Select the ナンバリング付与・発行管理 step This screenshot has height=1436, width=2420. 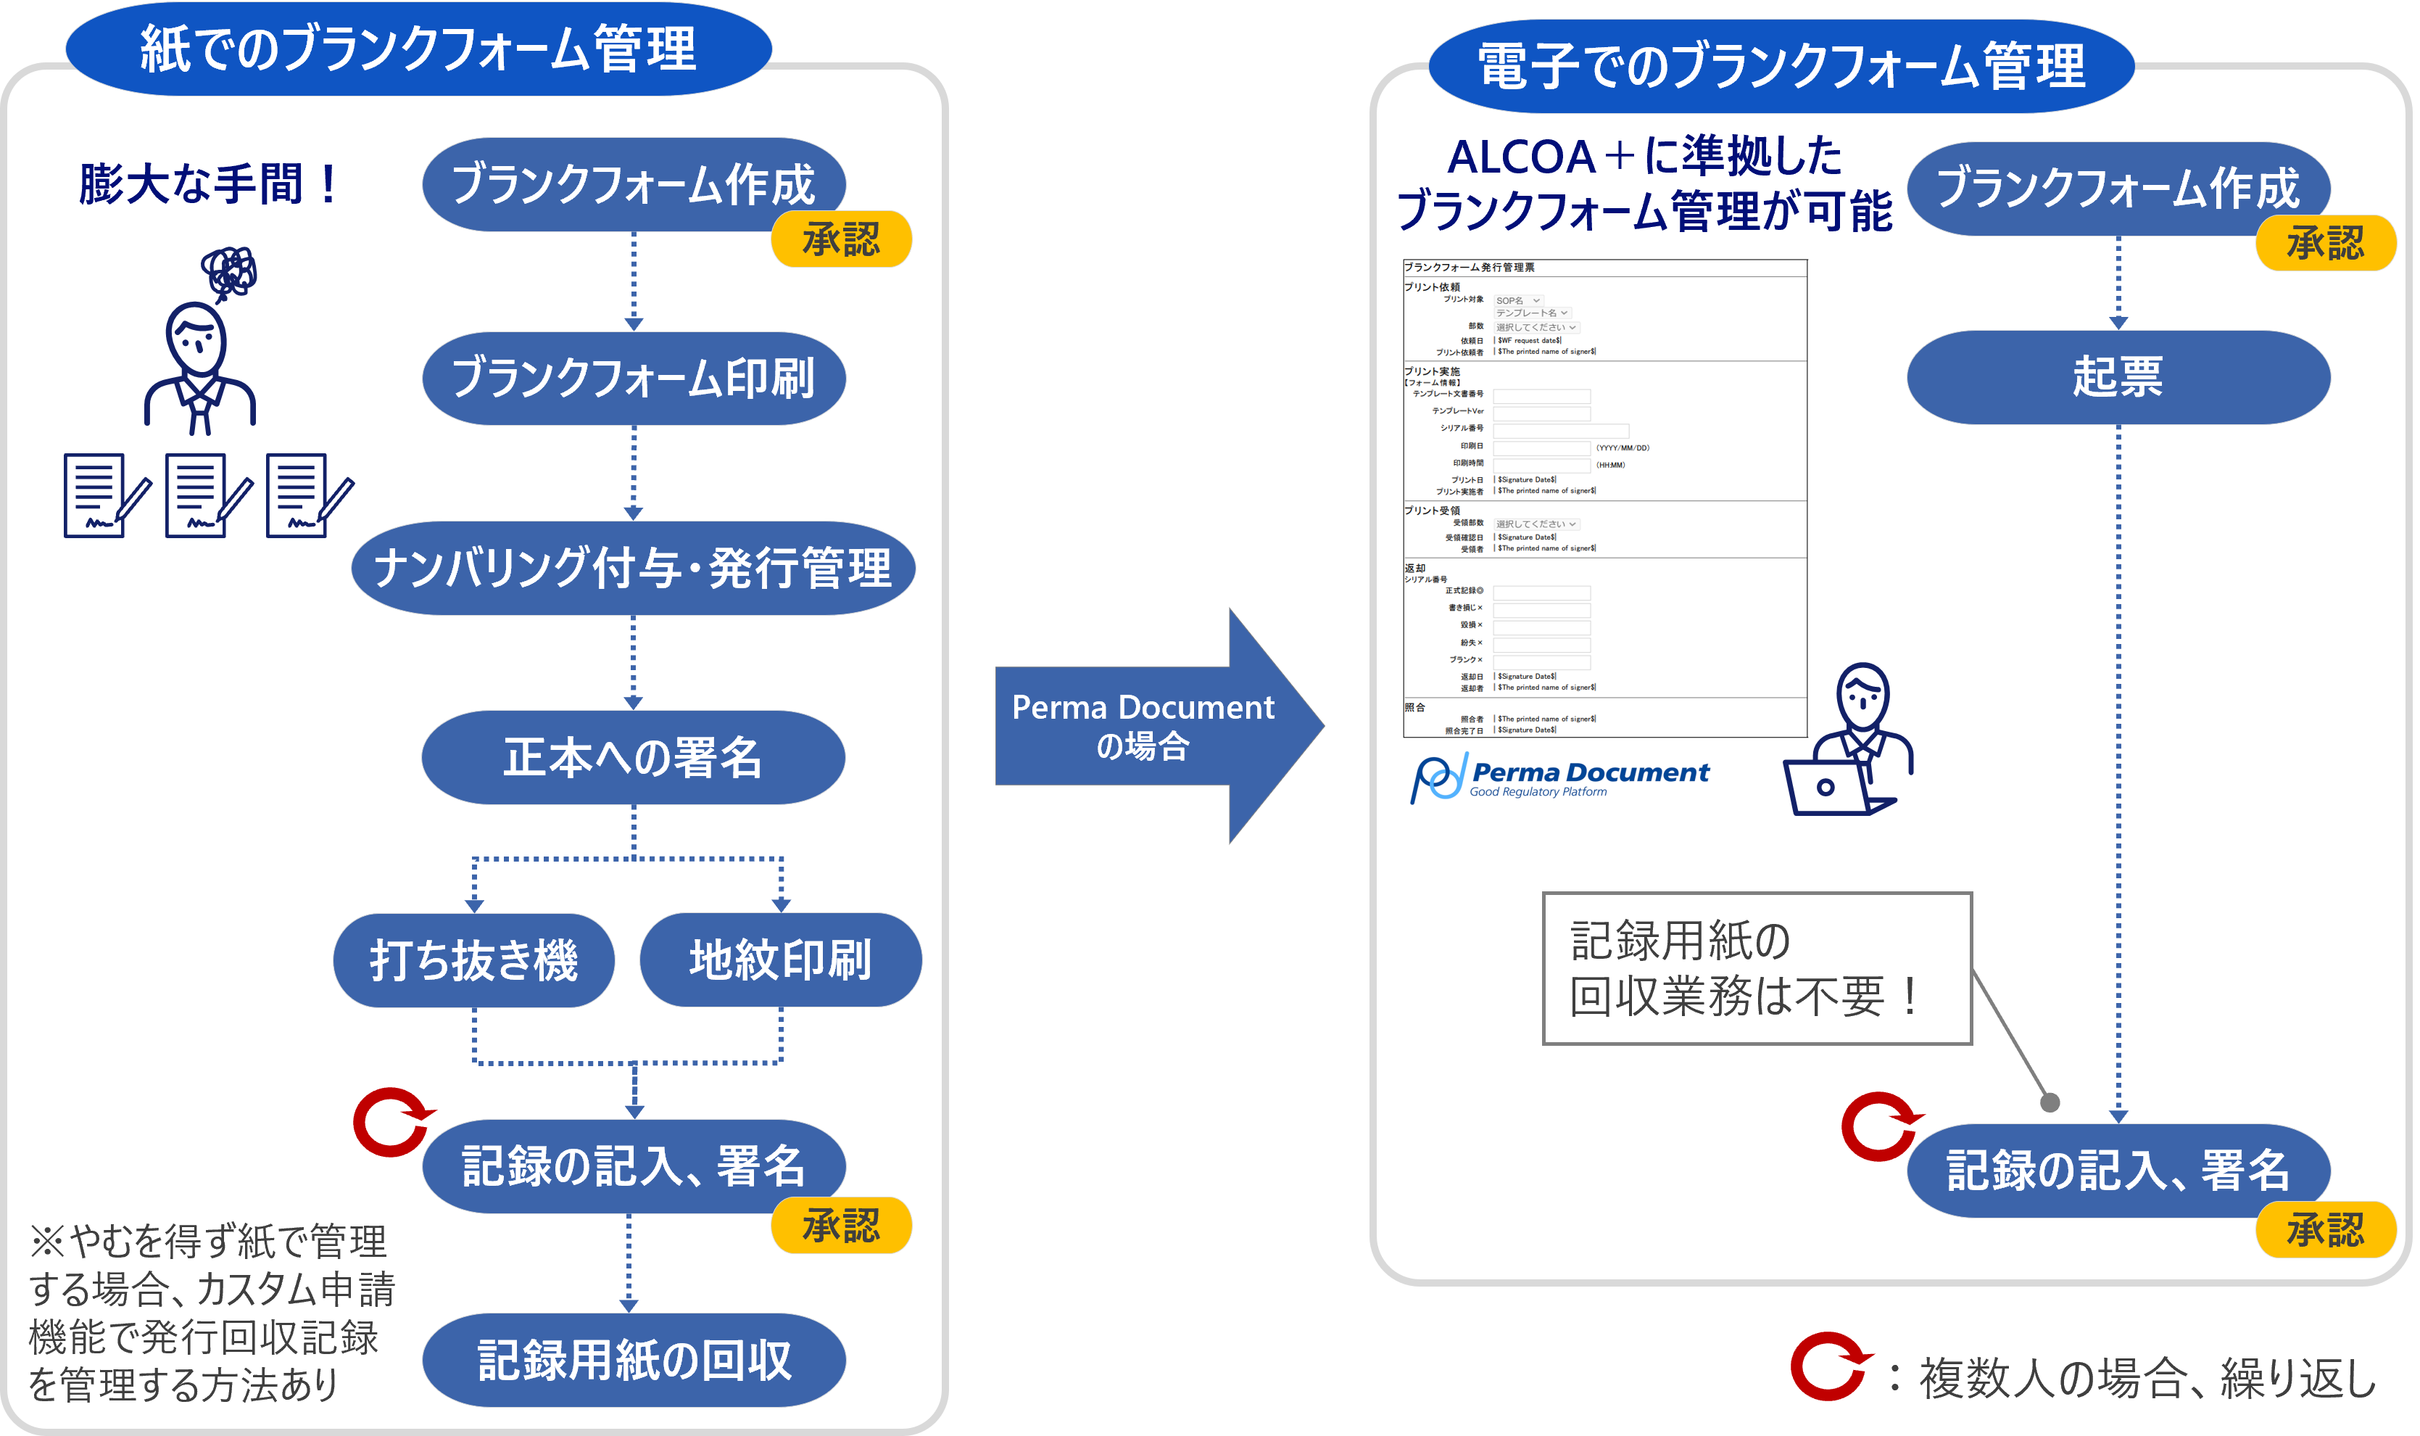click(633, 568)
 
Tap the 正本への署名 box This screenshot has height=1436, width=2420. click(633, 758)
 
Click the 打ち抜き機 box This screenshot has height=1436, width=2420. click(474, 960)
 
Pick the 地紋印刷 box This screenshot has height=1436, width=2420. click(781, 960)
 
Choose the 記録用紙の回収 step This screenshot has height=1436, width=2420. click(634, 1360)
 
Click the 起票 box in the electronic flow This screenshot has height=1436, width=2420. click(2118, 377)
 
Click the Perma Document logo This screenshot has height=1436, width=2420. click(1559, 779)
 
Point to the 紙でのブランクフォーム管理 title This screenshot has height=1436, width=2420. click(418, 49)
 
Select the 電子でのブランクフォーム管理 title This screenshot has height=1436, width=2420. click(1781, 66)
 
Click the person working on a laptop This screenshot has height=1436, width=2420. click(1847, 745)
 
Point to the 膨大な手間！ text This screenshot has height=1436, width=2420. click(209, 184)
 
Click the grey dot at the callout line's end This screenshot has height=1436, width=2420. click(2050, 1102)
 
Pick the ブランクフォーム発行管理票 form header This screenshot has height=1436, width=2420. click(1470, 267)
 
